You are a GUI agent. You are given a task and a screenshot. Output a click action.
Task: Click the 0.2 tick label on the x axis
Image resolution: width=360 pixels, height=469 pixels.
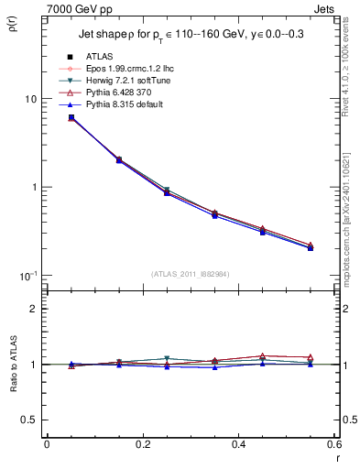click(142, 446)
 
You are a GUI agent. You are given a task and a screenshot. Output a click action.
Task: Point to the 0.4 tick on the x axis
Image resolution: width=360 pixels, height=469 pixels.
click(238, 446)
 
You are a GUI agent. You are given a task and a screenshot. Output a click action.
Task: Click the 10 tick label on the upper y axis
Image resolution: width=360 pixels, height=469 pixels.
click(29, 99)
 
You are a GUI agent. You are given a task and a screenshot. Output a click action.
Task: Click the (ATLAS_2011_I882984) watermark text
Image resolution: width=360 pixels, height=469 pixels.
click(190, 274)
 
